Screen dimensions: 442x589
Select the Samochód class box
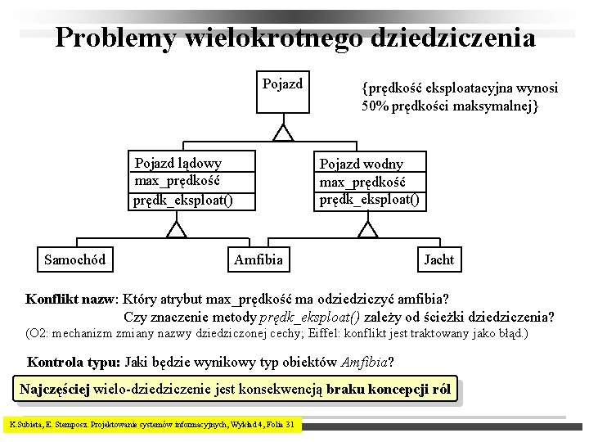[x=74, y=259]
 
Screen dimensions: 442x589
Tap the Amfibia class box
[x=258, y=259]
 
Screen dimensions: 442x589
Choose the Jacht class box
[x=438, y=259]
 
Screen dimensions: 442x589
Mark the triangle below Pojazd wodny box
[x=368, y=229]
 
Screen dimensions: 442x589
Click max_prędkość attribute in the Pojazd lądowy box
[x=178, y=181]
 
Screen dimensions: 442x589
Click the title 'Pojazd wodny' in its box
[x=361, y=164]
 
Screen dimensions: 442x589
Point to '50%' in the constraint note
[x=375, y=106]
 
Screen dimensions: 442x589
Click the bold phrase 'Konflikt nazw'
[x=72, y=299]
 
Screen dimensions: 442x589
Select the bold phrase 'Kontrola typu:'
[x=74, y=361]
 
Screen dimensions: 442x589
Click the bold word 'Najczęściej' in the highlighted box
[x=55, y=390]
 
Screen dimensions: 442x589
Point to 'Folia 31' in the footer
[x=279, y=425]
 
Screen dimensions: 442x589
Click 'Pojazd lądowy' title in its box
[x=178, y=163]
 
